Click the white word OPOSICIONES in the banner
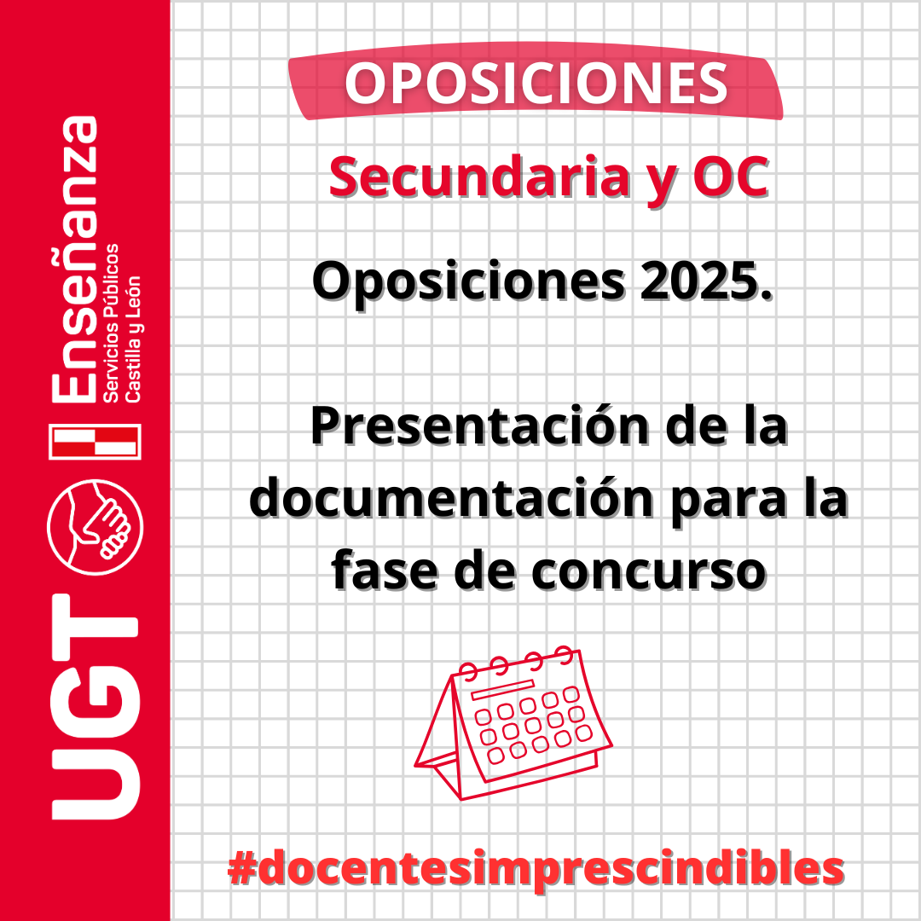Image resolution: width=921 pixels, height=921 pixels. pos(536,84)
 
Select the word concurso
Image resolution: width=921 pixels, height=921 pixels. pos(649,573)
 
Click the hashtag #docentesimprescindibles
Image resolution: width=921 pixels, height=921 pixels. pos(536,868)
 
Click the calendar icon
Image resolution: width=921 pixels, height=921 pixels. pos(513,723)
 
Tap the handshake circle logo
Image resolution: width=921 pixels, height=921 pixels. pos(96,527)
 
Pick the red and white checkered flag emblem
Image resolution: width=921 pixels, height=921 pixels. pos(96,442)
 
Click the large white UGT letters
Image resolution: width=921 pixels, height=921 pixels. pos(96,707)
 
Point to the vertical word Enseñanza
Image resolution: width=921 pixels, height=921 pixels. pos(74,259)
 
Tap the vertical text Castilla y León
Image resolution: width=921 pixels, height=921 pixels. pos(133,339)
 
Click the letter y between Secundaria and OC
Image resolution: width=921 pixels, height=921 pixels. pos(662,182)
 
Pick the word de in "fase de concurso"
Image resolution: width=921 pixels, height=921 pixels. pos(484,571)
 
